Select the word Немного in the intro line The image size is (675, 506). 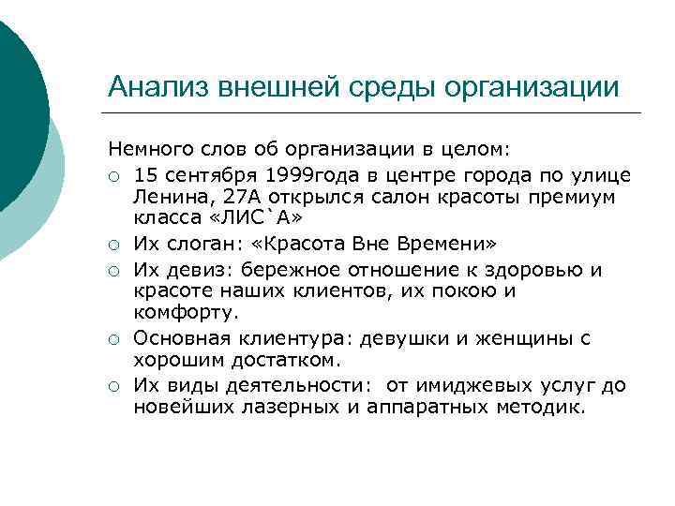(145, 148)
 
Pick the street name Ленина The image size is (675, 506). (165, 199)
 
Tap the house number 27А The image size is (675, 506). (225, 199)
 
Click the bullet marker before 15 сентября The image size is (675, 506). (113, 175)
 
